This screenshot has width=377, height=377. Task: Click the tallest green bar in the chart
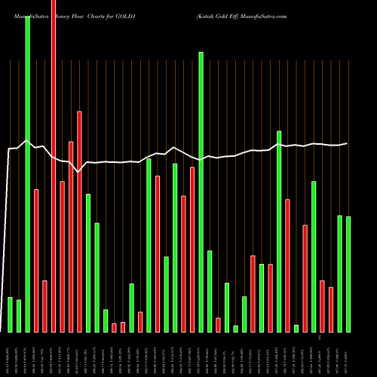pos(27,173)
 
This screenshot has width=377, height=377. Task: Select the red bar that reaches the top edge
pos(54,166)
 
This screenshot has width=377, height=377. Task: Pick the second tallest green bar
pos(201,192)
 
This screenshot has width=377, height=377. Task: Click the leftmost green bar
pos(10,314)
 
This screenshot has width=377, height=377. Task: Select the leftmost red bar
pos(36,260)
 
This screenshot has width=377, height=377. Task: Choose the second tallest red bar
pos(79,222)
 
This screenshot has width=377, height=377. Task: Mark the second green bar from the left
pos(19,316)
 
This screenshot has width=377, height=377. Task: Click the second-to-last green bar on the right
pos(340,274)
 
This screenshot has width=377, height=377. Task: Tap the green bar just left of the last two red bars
pos(314,256)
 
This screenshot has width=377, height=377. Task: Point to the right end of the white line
pos(347,143)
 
